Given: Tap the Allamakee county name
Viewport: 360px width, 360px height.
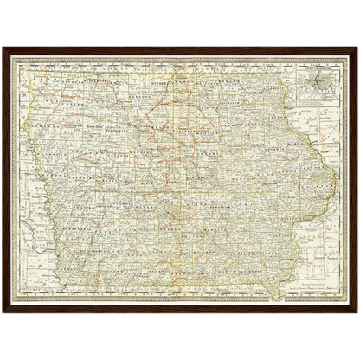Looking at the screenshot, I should coord(275,80).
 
